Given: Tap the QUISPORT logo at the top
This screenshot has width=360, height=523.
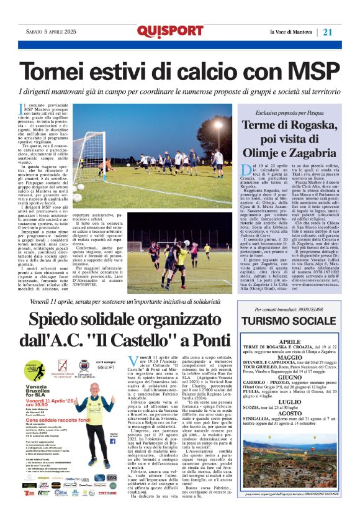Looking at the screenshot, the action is pyautogui.click(x=170, y=31).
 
